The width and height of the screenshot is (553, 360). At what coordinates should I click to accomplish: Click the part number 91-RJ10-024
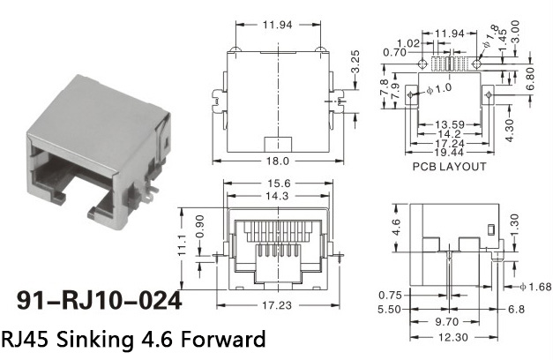(x=99, y=301)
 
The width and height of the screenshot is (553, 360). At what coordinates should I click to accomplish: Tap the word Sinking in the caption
(x=95, y=339)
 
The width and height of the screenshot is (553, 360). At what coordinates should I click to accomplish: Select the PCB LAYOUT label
(x=449, y=167)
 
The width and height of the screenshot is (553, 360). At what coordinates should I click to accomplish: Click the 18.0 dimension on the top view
(x=278, y=161)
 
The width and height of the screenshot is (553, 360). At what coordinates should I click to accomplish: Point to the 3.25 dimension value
(x=355, y=62)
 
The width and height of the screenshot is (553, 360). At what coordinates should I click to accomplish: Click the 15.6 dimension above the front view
(x=278, y=184)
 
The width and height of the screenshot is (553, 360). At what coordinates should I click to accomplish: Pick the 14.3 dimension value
(x=277, y=196)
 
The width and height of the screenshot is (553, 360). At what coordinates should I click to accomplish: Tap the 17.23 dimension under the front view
(x=277, y=305)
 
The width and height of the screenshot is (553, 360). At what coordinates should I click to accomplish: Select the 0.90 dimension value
(x=199, y=226)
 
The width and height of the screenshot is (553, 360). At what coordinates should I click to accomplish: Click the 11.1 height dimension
(x=182, y=244)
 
